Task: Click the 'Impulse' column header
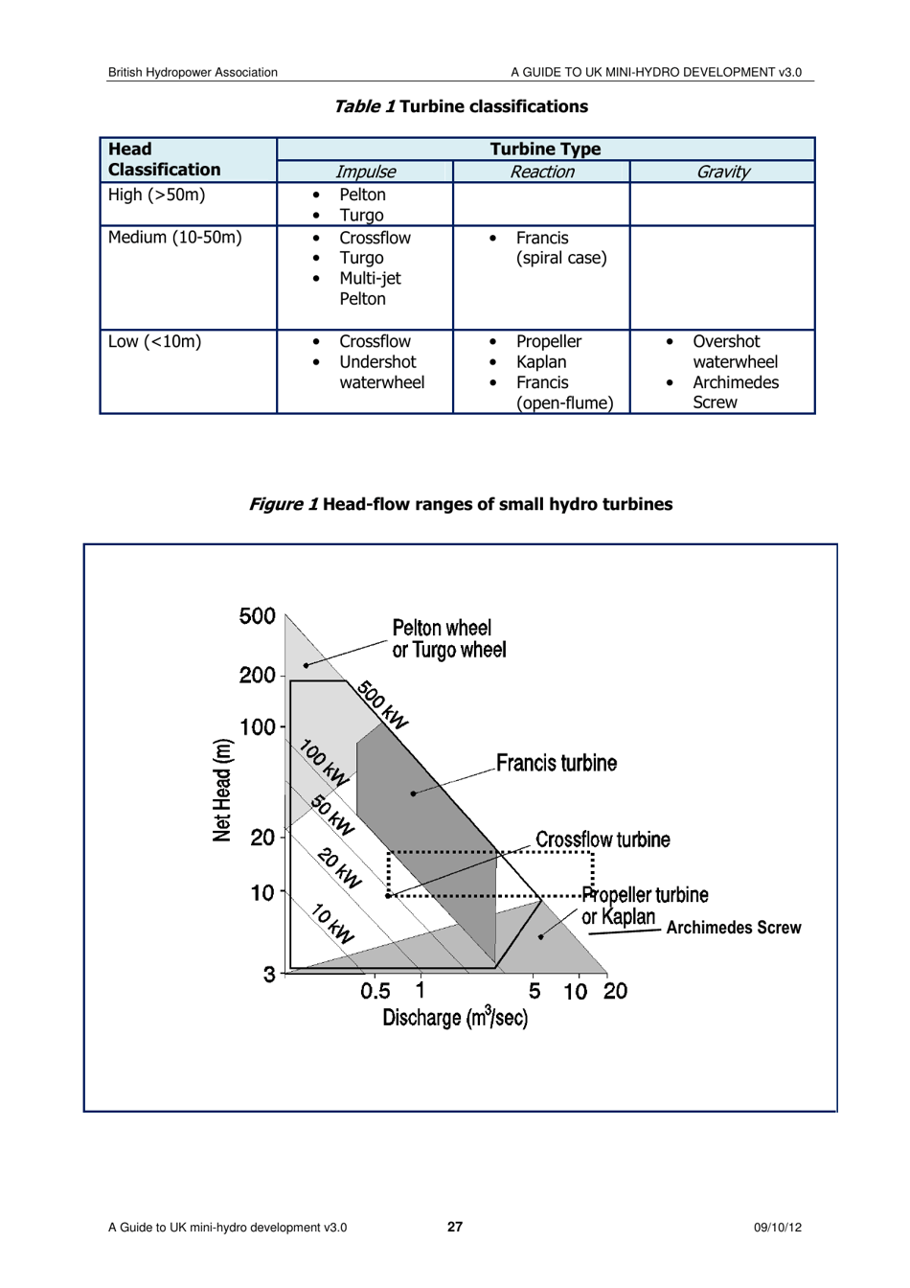[365, 172]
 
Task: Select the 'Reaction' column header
[541, 172]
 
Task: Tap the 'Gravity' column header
[722, 172]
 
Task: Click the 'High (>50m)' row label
[156, 195]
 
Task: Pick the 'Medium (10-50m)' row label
[174, 238]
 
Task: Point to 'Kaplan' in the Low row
[541, 362]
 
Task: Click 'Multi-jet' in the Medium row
[370, 279]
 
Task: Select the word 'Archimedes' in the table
[736, 382]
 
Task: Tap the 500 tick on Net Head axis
[258, 616]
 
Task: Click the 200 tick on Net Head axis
[258, 676]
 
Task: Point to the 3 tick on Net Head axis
[269, 975]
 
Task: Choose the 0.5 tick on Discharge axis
[375, 991]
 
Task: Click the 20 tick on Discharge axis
[615, 991]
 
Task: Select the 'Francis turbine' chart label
[557, 764]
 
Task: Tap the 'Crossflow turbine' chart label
[603, 840]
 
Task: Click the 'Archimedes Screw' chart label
[733, 928]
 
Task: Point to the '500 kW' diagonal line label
[383, 705]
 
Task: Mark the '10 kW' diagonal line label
[333, 924]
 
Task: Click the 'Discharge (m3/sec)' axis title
[455, 1018]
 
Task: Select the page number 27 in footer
[455, 1227]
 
